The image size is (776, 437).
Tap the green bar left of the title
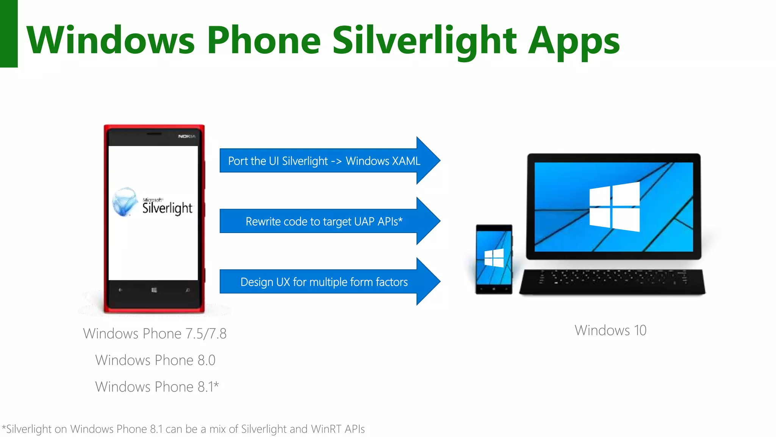coord(9,33)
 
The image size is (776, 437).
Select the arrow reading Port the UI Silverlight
coord(324,161)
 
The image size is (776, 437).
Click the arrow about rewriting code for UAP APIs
coord(324,221)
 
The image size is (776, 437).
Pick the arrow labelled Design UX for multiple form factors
coord(324,282)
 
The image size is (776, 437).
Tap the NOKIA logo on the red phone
coord(187,136)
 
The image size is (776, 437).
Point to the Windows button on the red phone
coord(154,290)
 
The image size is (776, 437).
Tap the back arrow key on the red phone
coord(120,290)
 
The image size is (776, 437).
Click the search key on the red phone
coord(187,290)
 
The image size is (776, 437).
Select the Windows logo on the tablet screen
coord(614,207)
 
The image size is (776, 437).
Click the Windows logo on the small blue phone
coord(494,258)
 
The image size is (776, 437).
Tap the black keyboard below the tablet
coord(612,281)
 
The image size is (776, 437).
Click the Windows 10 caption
coord(610,330)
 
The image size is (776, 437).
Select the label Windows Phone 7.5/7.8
coord(155,334)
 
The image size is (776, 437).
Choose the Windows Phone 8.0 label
coord(155,360)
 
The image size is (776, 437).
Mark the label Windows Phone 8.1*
coord(157,387)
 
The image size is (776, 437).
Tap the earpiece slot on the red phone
coord(154,134)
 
